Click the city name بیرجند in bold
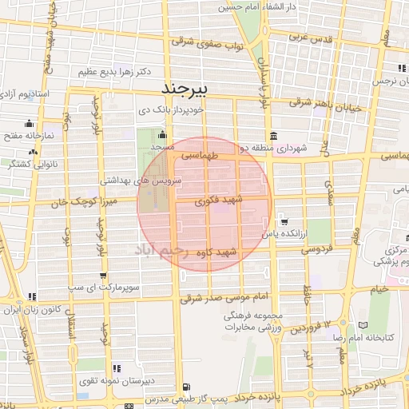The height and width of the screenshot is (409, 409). [185, 86]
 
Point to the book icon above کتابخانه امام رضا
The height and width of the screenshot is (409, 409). [363, 326]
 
